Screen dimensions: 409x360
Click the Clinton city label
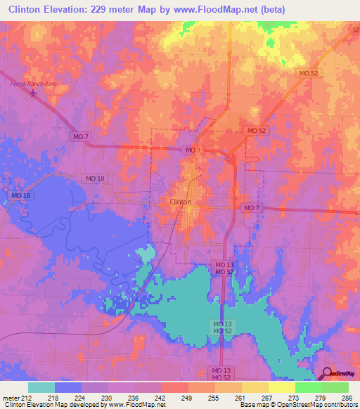pyautogui.click(x=181, y=202)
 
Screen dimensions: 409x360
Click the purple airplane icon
pyautogui.click(x=34, y=93)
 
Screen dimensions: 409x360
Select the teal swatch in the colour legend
pyautogui.click(x=41, y=387)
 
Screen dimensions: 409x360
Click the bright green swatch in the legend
pyautogui.click(x=308, y=387)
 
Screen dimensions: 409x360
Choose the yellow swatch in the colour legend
pyautogui.click(x=281, y=387)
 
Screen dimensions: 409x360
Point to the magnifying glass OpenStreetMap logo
pyautogui.click(x=325, y=374)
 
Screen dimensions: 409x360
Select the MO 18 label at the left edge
pyautogui.click(x=21, y=195)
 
